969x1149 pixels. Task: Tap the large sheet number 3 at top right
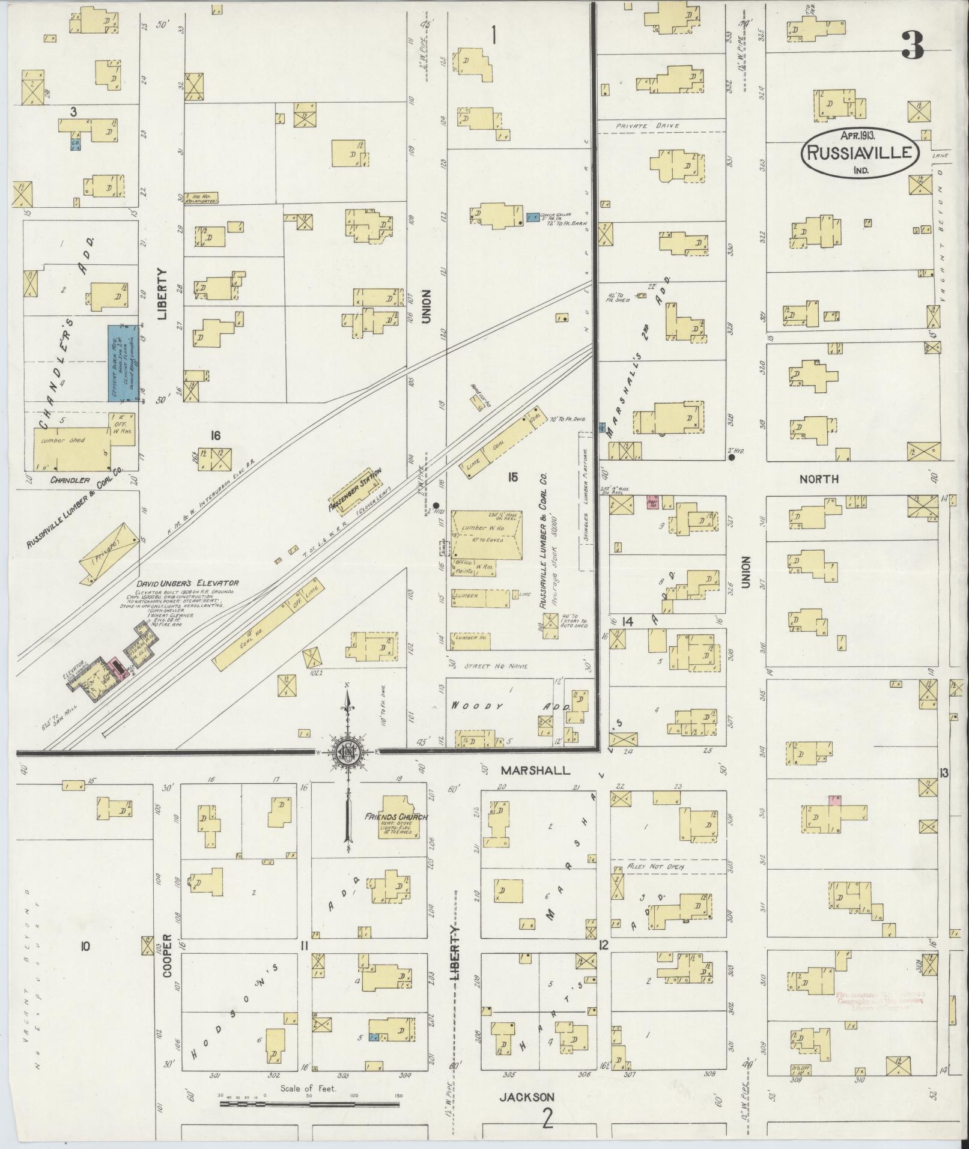coord(912,45)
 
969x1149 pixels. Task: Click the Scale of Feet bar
coord(309,1103)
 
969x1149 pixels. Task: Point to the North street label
coord(819,479)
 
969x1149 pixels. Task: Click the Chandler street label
coord(70,480)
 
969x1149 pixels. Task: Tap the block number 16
coord(216,434)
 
